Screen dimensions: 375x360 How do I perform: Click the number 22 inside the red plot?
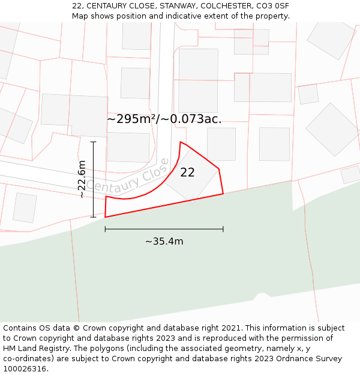point(187,172)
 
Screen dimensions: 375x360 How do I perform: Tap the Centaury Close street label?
point(127,175)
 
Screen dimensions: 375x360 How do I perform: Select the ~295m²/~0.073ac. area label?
point(164,119)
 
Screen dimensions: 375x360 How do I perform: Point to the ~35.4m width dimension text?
point(164,241)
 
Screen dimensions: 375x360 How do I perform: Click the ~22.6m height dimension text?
point(82,179)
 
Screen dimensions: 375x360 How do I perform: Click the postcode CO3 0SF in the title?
point(274,6)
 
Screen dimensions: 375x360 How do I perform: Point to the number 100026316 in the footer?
point(23,368)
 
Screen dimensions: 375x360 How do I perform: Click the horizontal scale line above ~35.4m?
point(164,229)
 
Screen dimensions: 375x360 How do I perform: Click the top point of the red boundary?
point(181,142)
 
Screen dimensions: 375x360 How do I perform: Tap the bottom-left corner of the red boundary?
point(105,217)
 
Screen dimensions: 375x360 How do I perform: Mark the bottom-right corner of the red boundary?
point(223,193)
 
